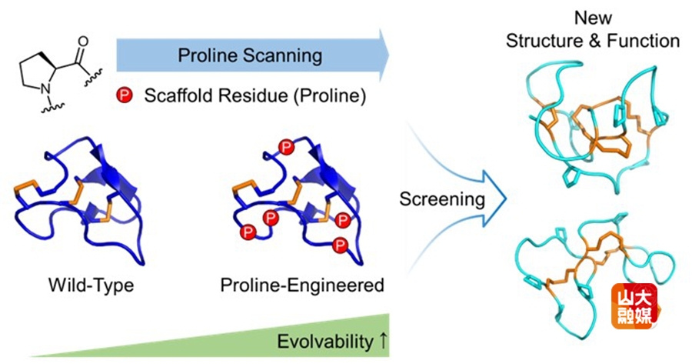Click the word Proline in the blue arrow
203,55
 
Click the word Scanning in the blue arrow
274,55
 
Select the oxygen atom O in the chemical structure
82,42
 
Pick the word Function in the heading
645,42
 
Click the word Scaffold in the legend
173,97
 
